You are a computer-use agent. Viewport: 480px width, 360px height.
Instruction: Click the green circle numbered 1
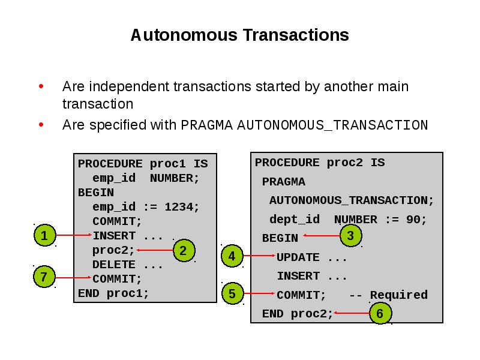point(44,235)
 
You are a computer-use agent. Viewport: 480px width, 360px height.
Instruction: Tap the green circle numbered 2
point(184,250)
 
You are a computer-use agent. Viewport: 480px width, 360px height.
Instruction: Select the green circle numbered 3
point(350,236)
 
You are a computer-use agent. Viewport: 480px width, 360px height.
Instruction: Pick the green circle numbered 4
point(232,256)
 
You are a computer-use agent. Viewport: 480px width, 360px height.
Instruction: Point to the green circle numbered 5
point(232,294)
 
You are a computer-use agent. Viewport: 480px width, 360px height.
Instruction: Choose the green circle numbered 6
point(380,313)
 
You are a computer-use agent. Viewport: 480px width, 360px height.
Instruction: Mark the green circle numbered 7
point(44,277)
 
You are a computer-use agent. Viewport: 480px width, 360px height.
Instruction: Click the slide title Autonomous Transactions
point(239,35)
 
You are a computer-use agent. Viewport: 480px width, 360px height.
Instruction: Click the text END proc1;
point(113,293)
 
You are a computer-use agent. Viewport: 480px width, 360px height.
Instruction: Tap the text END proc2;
point(298,314)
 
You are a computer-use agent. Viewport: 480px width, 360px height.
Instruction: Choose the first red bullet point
point(41,87)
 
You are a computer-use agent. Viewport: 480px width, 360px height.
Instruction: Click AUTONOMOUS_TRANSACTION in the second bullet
point(332,125)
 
